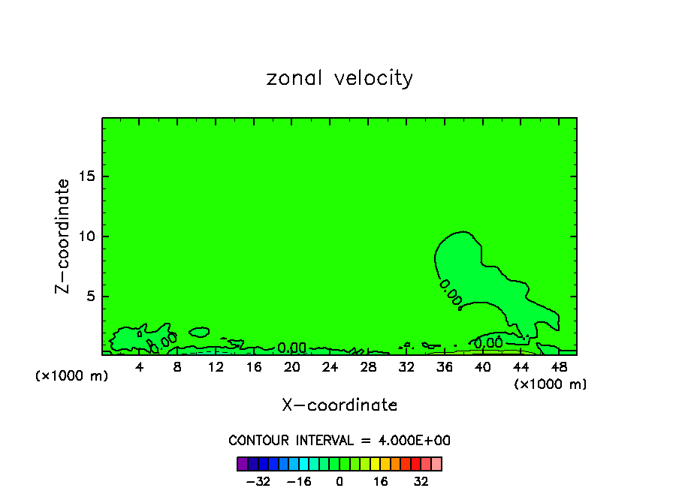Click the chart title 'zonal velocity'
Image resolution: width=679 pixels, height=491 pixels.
click(x=339, y=78)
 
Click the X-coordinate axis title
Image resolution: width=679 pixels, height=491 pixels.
click(x=339, y=405)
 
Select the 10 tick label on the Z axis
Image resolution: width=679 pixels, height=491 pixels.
click(x=86, y=236)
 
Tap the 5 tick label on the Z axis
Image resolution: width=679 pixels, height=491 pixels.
click(x=90, y=297)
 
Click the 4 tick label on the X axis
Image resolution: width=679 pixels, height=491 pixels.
click(x=140, y=367)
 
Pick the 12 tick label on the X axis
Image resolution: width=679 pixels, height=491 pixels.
click(x=216, y=367)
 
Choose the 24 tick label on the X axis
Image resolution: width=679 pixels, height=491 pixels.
click(x=330, y=367)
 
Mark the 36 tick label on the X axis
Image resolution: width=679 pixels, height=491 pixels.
click(x=444, y=367)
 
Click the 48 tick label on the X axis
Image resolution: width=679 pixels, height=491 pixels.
click(x=558, y=367)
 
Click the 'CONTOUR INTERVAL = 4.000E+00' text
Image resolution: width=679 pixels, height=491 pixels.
click(x=339, y=441)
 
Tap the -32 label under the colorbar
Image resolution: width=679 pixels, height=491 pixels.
click(x=258, y=482)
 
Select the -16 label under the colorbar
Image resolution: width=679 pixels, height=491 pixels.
click(x=299, y=482)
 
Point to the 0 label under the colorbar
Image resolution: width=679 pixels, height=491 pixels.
click(x=339, y=482)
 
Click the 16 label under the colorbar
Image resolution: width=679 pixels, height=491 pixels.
click(x=381, y=482)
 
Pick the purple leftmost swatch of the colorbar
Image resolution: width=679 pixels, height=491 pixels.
click(x=242, y=463)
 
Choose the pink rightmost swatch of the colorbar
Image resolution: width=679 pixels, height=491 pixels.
click(x=436, y=463)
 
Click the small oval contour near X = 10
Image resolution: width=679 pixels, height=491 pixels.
click(x=199, y=331)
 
